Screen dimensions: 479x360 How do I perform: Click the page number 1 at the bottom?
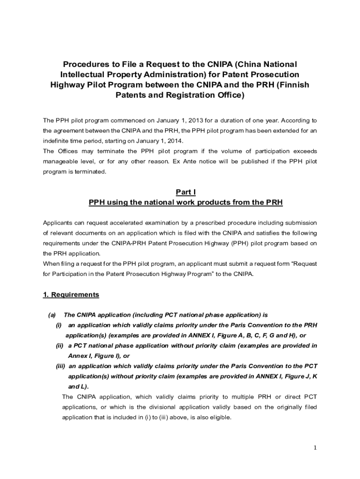(x=315, y=448)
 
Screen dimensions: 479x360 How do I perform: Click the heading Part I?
(x=186, y=192)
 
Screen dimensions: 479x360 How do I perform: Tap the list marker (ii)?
(x=59, y=346)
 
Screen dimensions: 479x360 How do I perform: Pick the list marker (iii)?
(x=60, y=366)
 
